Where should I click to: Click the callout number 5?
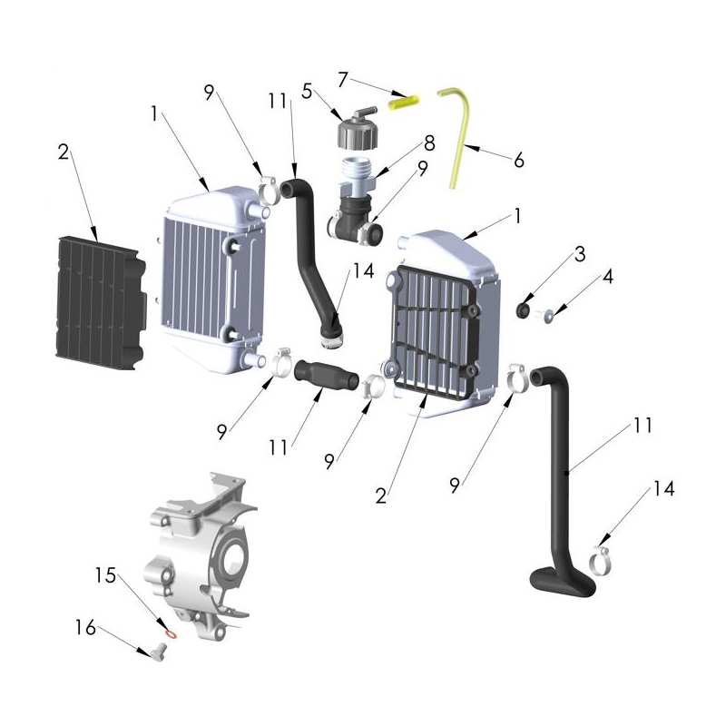point(307,91)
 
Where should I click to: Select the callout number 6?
point(518,160)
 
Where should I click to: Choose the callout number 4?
point(607,277)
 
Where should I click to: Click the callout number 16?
point(84,626)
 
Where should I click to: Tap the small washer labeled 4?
point(550,316)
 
